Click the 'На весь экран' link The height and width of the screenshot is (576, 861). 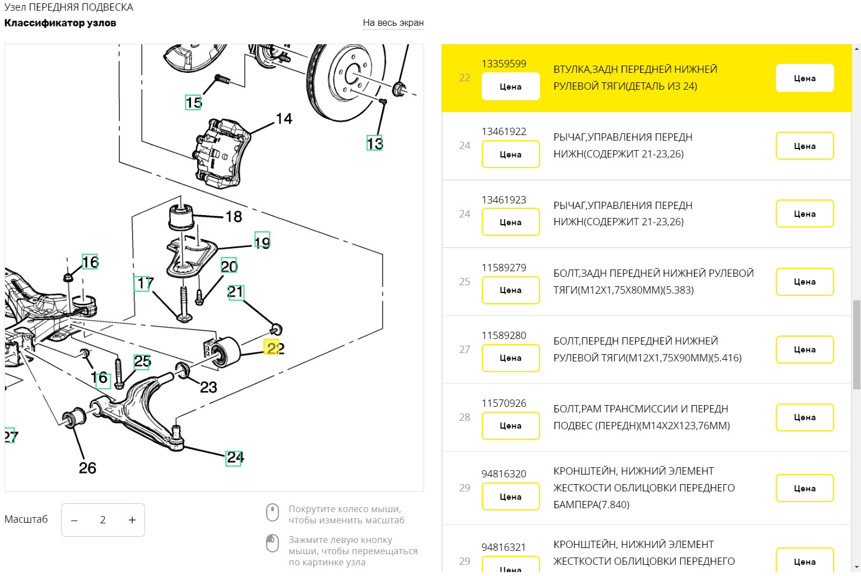(x=393, y=23)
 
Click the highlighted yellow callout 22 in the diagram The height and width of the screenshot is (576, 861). (x=272, y=347)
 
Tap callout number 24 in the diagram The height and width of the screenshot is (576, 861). (x=234, y=458)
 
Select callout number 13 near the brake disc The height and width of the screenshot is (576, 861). (x=374, y=143)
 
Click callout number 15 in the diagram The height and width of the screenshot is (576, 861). (x=193, y=103)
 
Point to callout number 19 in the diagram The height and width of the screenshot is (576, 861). (x=262, y=240)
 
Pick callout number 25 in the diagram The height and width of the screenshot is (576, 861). (x=142, y=361)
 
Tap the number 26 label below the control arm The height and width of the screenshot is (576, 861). (x=87, y=468)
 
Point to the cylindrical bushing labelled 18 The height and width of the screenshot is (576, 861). (x=181, y=217)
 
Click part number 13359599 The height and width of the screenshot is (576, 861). (x=504, y=64)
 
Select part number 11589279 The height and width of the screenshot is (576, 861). (x=504, y=268)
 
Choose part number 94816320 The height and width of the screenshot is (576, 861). (x=504, y=474)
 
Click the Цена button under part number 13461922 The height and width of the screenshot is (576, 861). (x=510, y=155)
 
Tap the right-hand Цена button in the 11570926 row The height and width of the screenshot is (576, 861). (x=804, y=417)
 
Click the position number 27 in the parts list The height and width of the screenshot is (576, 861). (x=464, y=350)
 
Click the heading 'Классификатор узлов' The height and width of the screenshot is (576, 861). (x=60, y=23)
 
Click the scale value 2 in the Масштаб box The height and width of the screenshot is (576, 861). (x=103, y=520)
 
